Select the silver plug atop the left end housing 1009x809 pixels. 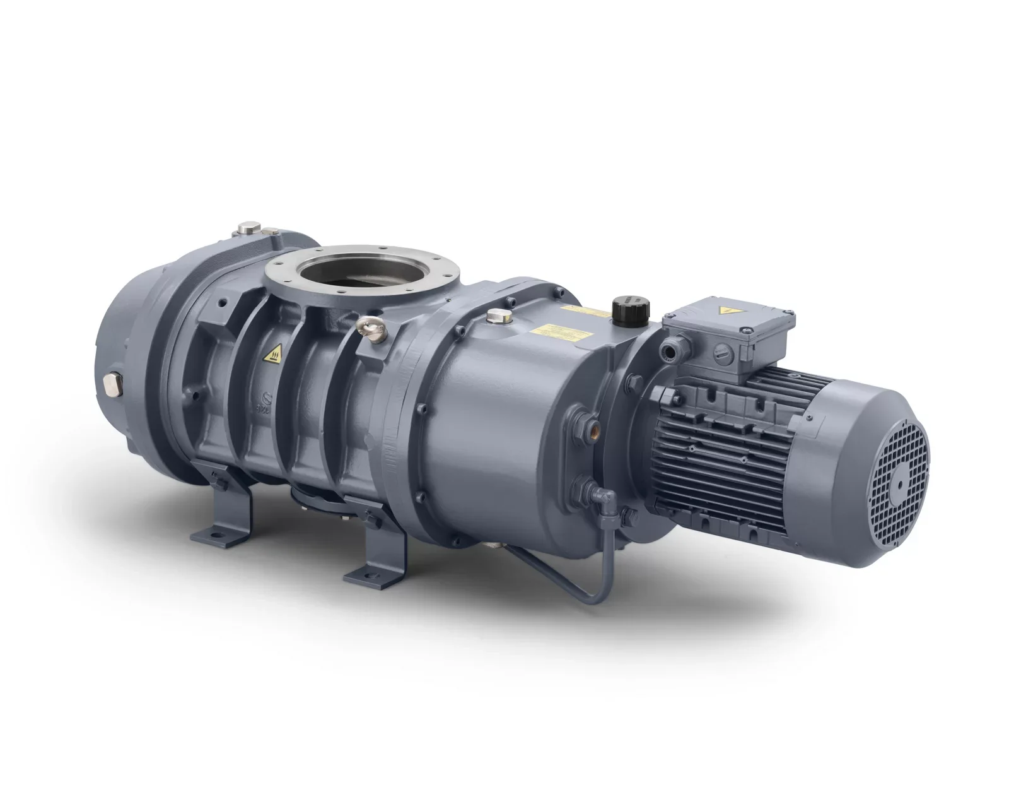coord(249,225)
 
